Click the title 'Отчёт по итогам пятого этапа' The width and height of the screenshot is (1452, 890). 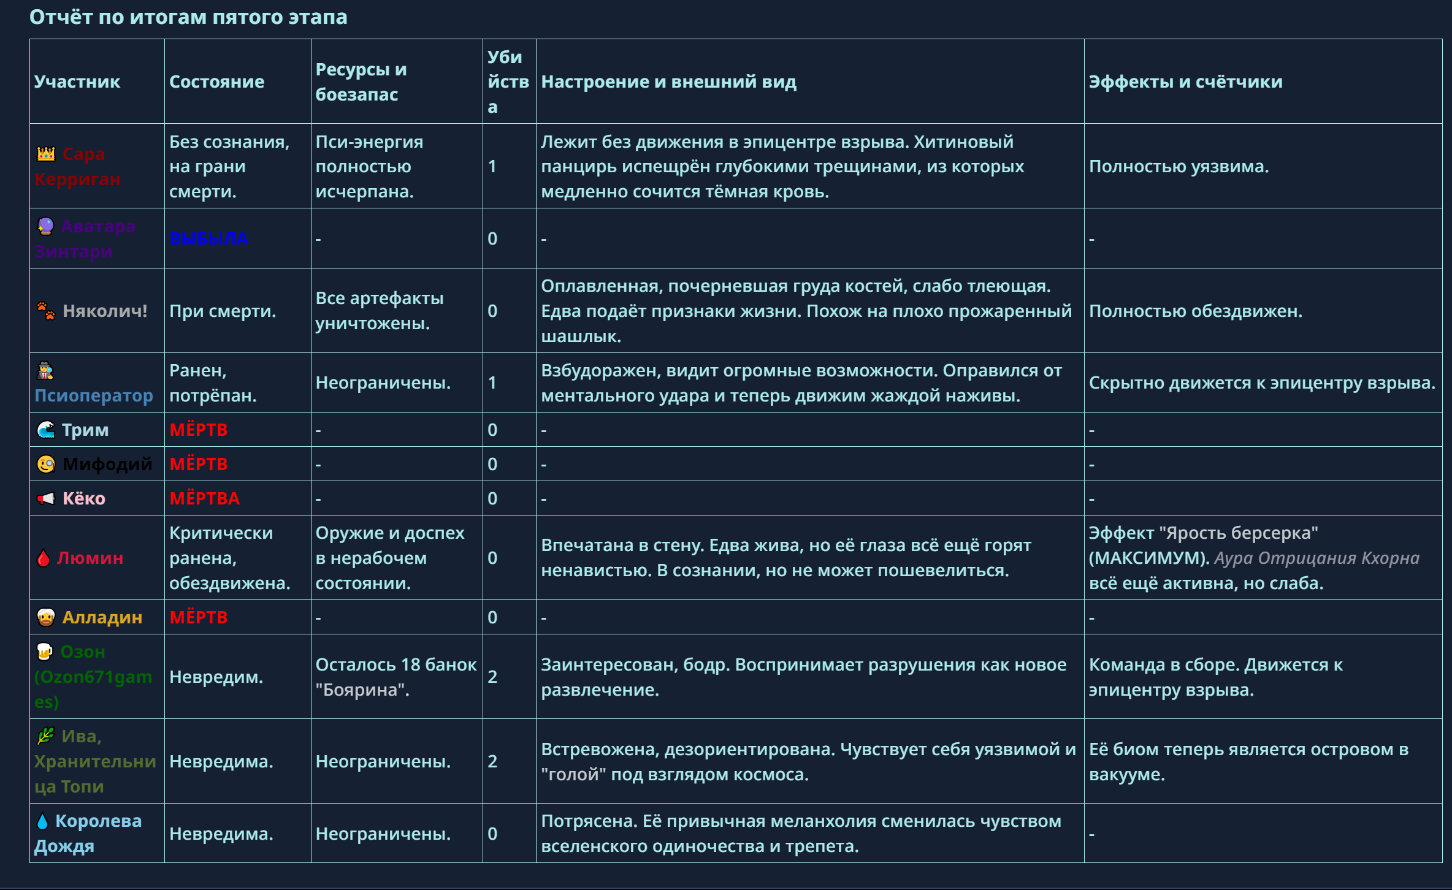pos(188,17)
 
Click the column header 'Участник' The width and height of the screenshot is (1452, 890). pos(77,82)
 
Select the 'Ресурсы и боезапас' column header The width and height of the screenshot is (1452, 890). pos(361,82)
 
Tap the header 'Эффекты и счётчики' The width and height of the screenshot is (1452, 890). pos(1185,82)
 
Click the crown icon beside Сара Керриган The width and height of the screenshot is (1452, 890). pos(46,154)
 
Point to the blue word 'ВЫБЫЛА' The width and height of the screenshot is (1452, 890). pos(208,238)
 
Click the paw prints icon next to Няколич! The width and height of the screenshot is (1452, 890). pos(46,311)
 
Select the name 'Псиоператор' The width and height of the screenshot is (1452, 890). pos(94,395)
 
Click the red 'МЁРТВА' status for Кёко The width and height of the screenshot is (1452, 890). pos(204,498)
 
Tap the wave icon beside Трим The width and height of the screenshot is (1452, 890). pos(46,430)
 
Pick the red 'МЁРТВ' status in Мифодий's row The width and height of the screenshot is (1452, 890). pos(198,464)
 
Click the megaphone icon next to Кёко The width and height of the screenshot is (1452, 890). pos(46,498)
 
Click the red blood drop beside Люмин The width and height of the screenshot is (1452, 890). pos(43,558)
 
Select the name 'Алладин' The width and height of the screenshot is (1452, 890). pos(102,617)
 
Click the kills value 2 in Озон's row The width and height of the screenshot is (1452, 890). pos(492,677)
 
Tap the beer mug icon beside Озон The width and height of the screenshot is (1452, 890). pos(45,652)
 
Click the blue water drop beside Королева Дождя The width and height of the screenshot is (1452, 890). pos(42,821)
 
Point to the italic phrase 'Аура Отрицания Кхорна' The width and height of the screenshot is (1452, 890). pos(1316,558)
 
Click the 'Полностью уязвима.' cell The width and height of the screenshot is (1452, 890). pos(1179,166)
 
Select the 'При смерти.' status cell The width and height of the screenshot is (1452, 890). pos(223,311)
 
